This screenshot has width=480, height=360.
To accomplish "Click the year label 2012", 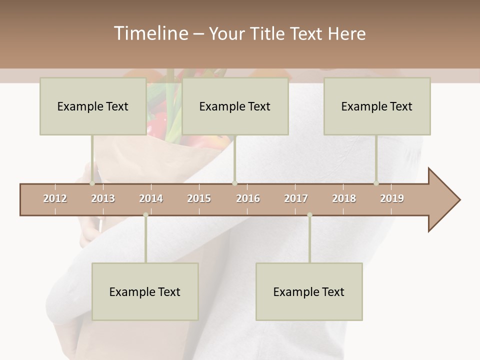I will coord(55,198).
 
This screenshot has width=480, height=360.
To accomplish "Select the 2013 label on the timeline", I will coord(103,198).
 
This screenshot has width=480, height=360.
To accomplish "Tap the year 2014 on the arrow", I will coord(151,198).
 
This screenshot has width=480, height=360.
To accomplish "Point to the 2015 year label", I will coord(199,198).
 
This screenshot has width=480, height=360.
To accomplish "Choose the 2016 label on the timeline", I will coord(248,198).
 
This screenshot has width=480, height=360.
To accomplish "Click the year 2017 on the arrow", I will coord(296,198).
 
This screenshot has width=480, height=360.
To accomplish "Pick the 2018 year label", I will coord(344,198).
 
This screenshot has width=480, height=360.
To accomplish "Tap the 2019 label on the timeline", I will coord(392,198).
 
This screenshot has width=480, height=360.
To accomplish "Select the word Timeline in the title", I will coord(149,33).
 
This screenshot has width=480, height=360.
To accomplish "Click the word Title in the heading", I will coord(268,33).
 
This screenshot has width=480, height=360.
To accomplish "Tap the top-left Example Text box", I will coord(93,106).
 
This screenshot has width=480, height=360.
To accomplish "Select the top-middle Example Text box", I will coord(235,106).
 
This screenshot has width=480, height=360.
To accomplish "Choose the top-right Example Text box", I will coord(377,106).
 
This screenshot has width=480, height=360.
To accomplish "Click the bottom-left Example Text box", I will coord(145,291).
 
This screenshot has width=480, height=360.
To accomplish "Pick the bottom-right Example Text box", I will coord(309,291).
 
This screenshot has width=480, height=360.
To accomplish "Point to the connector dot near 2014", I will coord(145,215).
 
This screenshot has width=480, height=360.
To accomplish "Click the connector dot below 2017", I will coord(309,215).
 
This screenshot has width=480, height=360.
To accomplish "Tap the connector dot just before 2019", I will coord(376,183).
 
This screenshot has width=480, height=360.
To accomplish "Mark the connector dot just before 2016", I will coord(234,183).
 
